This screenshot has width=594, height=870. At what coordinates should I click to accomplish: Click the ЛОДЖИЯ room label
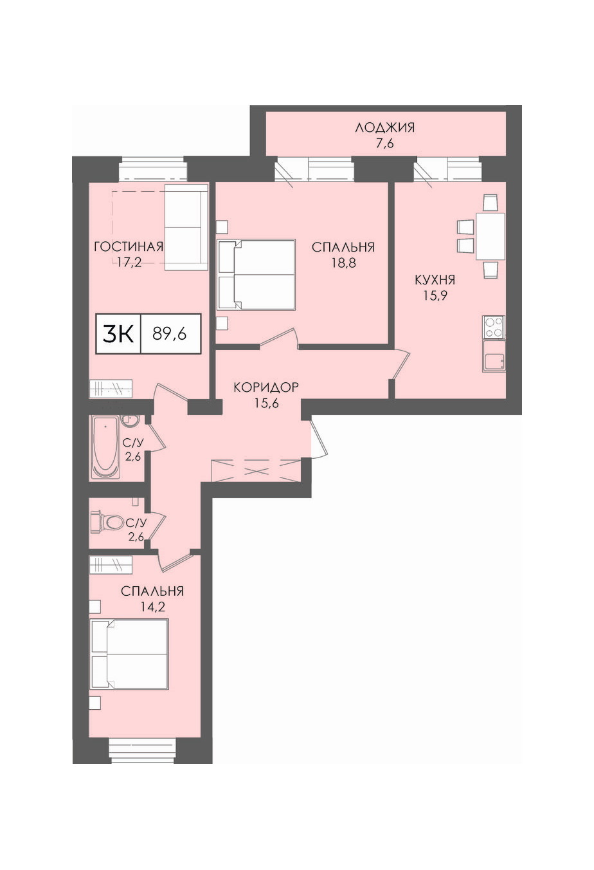[x=384, y=127]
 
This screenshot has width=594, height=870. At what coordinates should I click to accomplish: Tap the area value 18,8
[x=343, y=263]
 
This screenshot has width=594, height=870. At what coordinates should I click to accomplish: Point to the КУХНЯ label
[x=435, y=280]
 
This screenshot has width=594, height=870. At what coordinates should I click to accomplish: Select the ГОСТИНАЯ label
[x=129, y=246]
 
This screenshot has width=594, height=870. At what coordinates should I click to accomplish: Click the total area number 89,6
[x=170, y=333]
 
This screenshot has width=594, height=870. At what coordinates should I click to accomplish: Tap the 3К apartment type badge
[x=118, y=333]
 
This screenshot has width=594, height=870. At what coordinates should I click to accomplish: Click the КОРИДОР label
[x=266, y=387]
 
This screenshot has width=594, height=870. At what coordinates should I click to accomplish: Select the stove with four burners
[x=494, y=327]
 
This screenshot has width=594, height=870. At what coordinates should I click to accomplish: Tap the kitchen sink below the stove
[x=494, y=356]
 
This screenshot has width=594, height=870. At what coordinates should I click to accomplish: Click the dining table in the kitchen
[x=491, y=236]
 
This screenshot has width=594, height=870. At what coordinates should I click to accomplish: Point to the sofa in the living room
[x=186, y=227]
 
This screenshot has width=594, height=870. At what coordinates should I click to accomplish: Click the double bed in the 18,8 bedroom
[x=256, y=275]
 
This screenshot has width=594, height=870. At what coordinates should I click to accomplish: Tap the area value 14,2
[x=152, y=607]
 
